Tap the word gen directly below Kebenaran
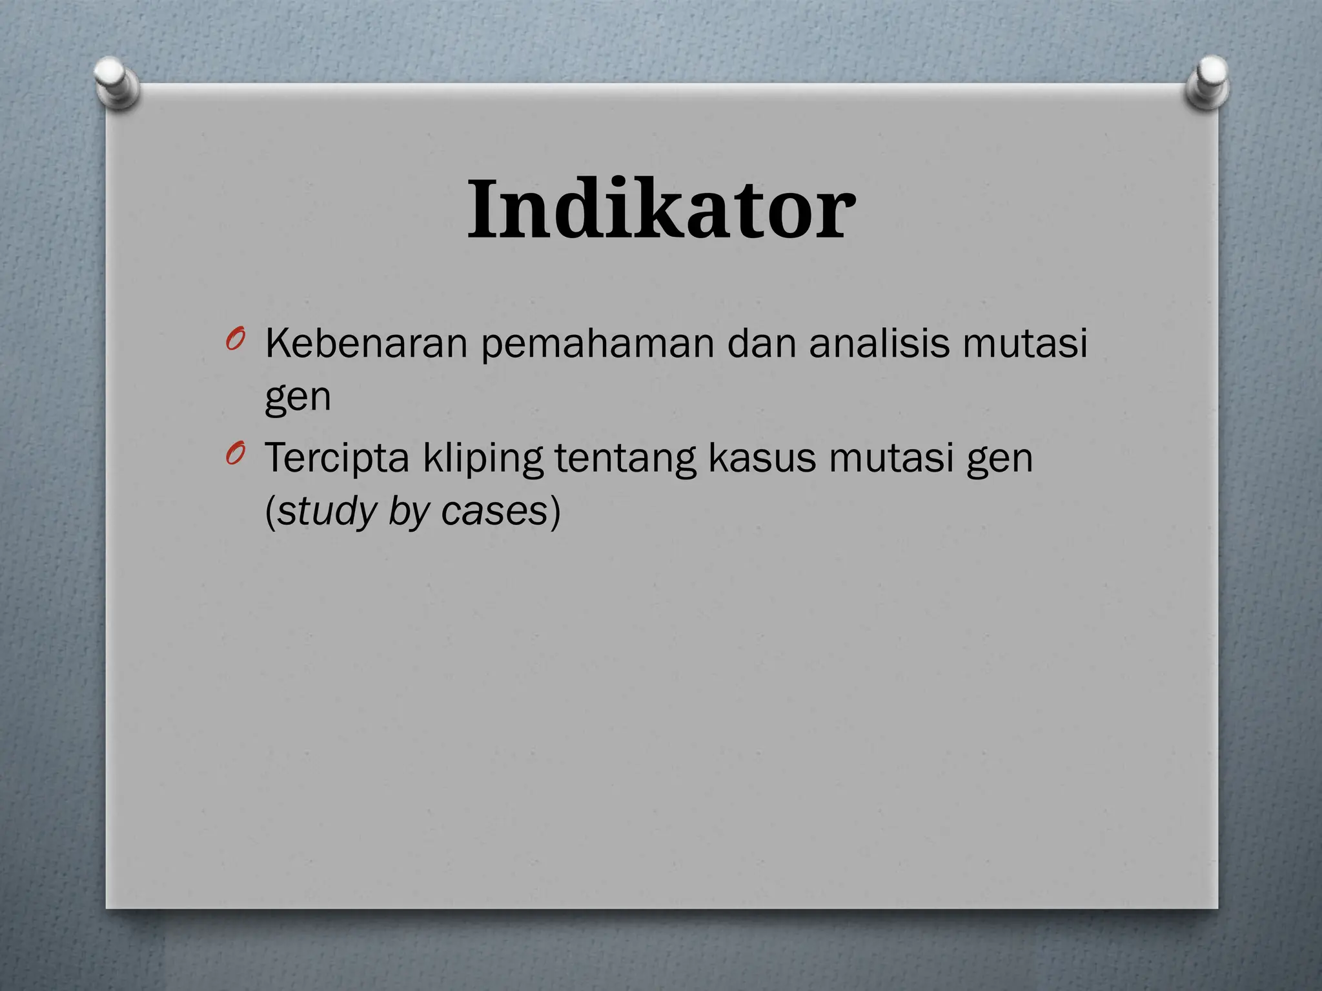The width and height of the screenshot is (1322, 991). tap(298, 398)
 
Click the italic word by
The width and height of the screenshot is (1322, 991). tap(409, 512)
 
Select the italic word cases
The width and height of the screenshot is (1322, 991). tap(494, 512)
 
